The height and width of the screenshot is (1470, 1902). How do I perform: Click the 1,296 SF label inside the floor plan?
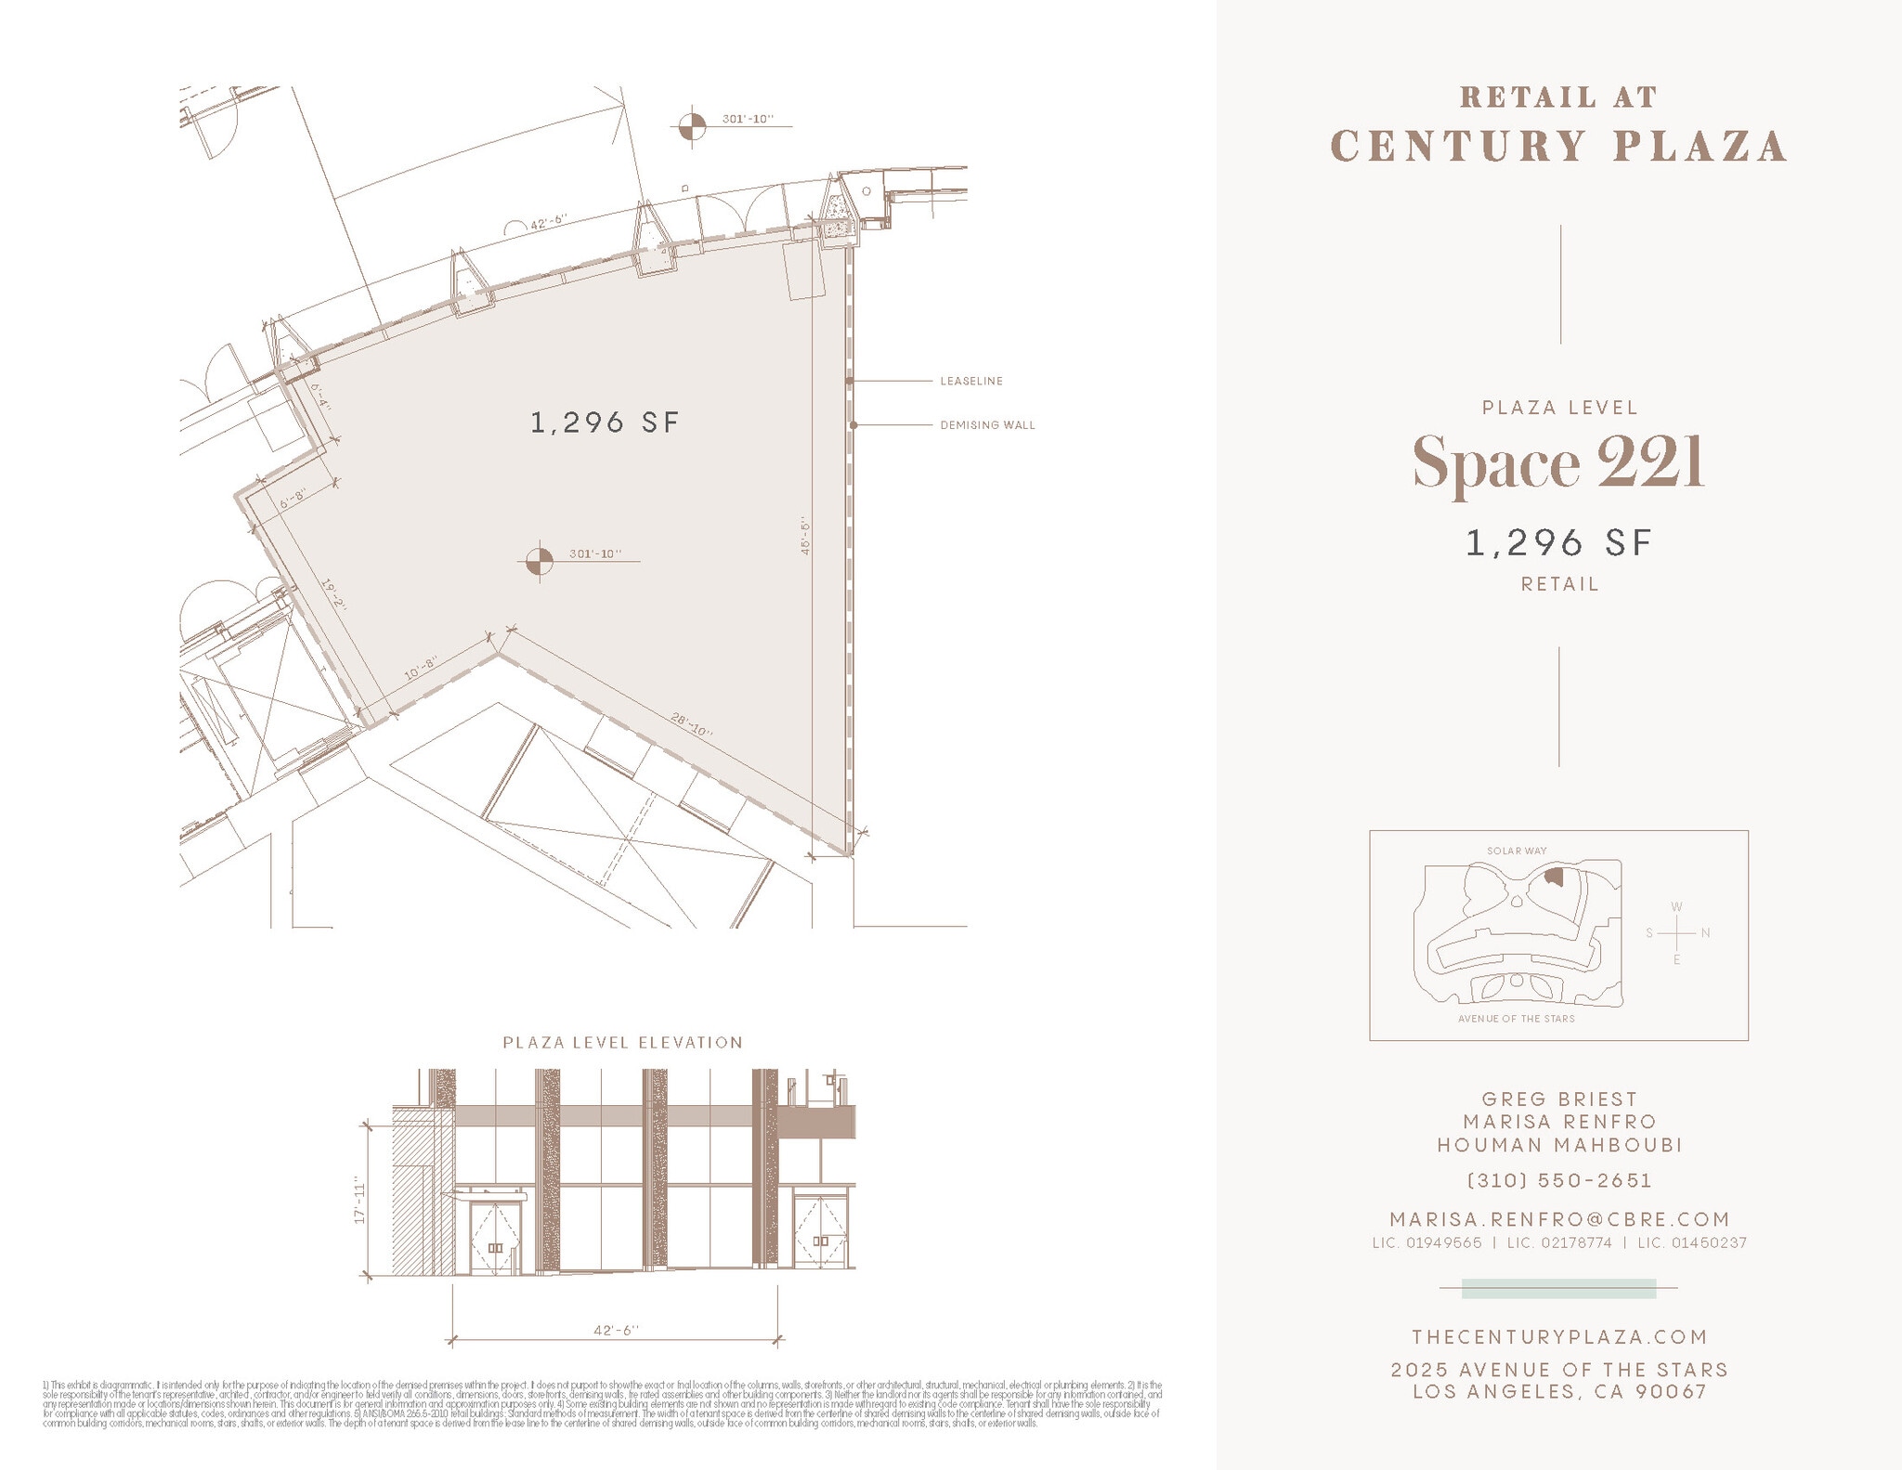coord(605,423)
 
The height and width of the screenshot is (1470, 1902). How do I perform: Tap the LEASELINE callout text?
coord(971,381)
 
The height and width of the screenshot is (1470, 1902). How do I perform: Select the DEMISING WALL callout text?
coord(986,425)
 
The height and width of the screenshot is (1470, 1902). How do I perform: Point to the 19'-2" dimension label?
coord(333,594)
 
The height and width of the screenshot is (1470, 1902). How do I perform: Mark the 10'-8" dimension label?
coord(420,669)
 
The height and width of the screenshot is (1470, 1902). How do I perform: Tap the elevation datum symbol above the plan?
coord(692,127)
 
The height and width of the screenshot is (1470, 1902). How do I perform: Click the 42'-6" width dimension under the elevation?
coord(616,1330)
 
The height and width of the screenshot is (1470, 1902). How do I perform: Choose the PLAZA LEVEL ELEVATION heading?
coord(622,1043)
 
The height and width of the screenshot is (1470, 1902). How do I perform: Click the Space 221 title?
coord(1558,462)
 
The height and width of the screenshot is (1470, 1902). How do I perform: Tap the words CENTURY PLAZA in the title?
coord(1558,147)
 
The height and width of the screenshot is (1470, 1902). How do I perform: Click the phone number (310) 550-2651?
coord(1558,1180)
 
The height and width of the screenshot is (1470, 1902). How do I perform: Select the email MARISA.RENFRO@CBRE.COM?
coord(1558,1219)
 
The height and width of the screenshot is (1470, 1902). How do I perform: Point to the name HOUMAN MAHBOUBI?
coord(1558,1145)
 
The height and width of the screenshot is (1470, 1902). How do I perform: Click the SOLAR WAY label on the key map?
coord(1517,851)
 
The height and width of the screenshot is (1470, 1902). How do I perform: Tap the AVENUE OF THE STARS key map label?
coord(1516,1019)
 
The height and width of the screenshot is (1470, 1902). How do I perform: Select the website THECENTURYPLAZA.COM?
coord(1558,1337)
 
